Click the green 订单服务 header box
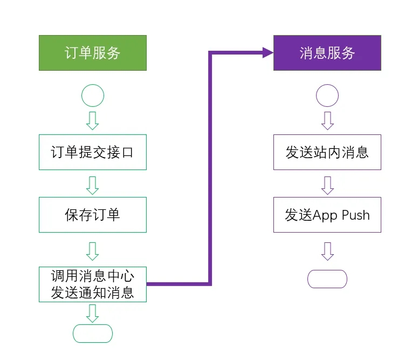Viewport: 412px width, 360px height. tap(92, 53)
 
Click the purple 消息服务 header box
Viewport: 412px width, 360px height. tap(327, 53)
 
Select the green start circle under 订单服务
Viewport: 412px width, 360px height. tap(92, 96)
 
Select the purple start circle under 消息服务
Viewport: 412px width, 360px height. tap(327, 96)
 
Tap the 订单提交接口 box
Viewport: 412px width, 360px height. tap(92, 152)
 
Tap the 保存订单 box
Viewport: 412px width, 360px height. tap(92, 215)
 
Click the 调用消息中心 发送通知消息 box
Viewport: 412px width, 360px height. tap(92, 284)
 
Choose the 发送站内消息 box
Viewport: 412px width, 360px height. tap(327, 152)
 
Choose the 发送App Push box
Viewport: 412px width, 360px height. tap(327, 215)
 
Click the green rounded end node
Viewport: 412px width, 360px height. tap(92, 334)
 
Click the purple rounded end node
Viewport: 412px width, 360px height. tap(327, 279)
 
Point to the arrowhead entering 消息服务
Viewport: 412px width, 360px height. tap(267, 53)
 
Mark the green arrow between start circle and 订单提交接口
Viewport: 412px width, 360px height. tap(92, 120)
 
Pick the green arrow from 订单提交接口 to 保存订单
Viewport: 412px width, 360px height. tap(92, 185)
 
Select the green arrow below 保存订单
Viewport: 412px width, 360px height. tap(92, 251)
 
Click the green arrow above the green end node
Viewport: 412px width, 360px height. tap(92, 313)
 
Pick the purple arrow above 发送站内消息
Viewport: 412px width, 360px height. tap(327, 120)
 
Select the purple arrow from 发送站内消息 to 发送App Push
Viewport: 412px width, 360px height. tap(327, 185)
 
